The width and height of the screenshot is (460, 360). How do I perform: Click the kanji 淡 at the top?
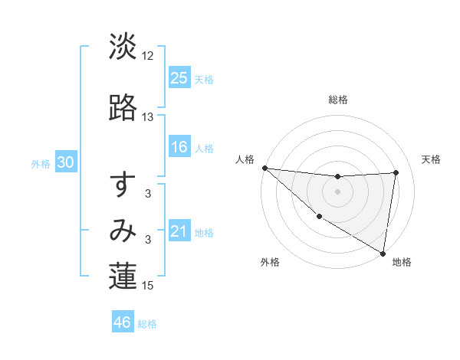(123, 47)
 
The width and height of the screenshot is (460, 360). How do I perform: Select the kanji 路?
(123, 108)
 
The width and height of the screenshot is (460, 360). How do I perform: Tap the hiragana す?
(123, 185)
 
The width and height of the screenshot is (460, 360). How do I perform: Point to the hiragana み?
(123, 231)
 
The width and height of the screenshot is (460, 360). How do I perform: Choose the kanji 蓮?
(123, 277)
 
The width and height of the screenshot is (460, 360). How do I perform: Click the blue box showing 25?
(179, 77)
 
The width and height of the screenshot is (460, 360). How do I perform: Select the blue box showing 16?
(179, 147)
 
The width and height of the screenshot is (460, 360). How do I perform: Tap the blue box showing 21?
(179, 231)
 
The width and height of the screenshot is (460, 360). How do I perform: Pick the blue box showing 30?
(65, 163)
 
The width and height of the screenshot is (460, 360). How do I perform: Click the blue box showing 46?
(122, 322)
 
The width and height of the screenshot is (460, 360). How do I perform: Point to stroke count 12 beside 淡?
(148, 56)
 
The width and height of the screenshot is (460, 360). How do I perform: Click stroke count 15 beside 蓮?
(148, 286)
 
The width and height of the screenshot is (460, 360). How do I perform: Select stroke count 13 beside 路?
(148, 117)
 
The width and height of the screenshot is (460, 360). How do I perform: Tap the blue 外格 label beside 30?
(41, 164)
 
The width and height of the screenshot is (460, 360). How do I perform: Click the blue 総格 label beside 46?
(147, 324)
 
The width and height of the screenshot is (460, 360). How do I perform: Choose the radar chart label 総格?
(338, 100)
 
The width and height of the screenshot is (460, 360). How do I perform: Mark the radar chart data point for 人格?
(264, 168)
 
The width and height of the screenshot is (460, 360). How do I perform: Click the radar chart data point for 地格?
(383, 253)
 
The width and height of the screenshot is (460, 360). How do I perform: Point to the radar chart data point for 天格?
(396, 172)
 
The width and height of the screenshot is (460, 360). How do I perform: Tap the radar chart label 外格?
(270, 262)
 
